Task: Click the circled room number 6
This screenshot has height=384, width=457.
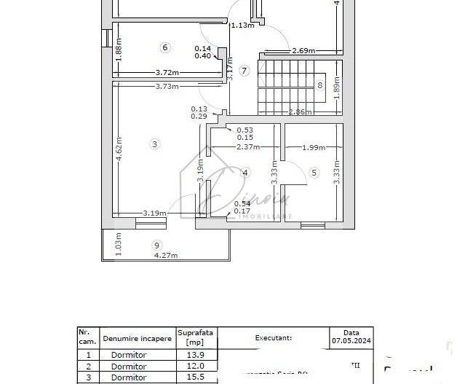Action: tap(164, 47)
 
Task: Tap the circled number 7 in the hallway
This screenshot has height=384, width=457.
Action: tap(245, 71)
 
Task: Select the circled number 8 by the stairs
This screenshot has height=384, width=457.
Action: tap(319, 85)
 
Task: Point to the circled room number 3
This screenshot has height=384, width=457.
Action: tap(154, 144)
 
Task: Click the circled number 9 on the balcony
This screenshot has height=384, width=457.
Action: tap(156, 245)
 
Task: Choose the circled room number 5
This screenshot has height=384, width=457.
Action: tap(314, 173)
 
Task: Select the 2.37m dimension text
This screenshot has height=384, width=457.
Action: tap(248, 146)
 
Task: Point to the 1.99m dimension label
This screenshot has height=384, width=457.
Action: tap(314, 148)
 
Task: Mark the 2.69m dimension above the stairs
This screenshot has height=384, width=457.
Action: tap(303, 51)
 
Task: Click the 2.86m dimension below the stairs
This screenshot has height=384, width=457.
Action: tap(300, 112)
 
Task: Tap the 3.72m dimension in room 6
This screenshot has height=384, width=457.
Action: tap(167, 73)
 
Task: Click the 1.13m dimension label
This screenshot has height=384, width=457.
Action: tap(242, 26)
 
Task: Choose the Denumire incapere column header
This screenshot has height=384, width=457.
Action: tap(138, 338)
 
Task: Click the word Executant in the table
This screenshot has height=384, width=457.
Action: tap(274, 338)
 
